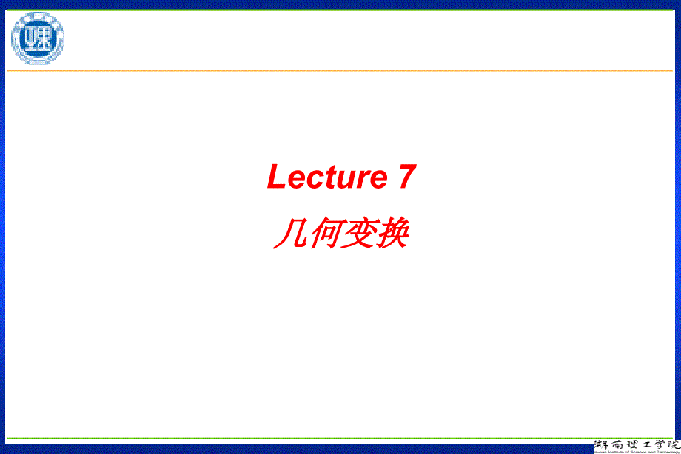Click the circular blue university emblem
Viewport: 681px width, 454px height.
pyautogui.click(x=36, y=38)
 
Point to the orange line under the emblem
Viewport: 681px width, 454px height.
pyautogui.click(x=340, y=70)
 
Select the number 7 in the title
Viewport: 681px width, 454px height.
pyautogui.click(x=406, y=177)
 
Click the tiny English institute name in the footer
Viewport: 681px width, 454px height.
pyautogui.click(x=637, y=451)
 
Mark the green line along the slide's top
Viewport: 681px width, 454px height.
pyautogui.click(x=340, y=10)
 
